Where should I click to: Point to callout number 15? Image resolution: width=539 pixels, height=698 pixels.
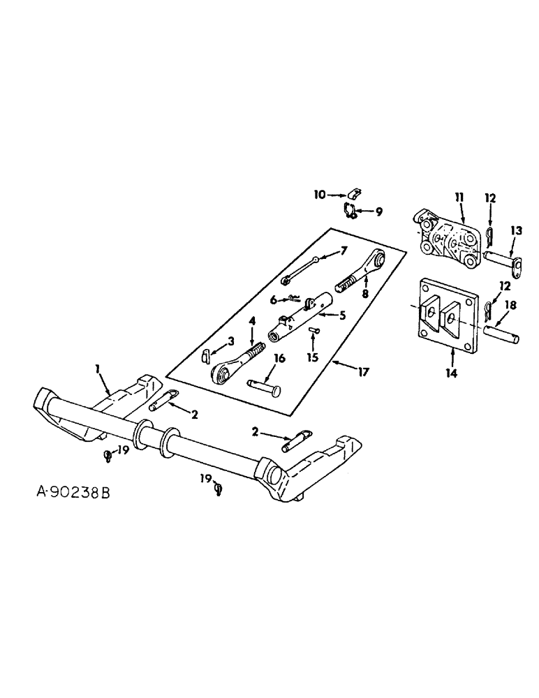tap(313, 357)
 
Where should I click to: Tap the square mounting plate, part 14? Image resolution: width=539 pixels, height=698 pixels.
tap(447, 313)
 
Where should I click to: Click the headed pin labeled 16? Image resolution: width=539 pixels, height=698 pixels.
tap(263, 384)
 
